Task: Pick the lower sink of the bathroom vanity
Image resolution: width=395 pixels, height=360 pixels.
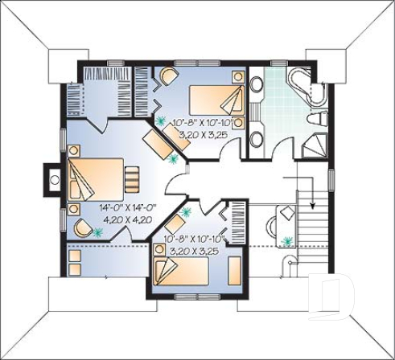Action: click(257, 138)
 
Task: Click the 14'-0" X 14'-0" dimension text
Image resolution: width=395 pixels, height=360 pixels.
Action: click(126, 207)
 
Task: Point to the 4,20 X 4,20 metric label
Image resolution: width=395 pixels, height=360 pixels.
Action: click(126, 218)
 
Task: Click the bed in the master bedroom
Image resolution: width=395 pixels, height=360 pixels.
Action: click(92, 180)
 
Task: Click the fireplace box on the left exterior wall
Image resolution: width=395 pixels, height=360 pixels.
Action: click(51, 178)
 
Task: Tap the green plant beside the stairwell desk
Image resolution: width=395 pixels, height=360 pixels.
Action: click(288, 238)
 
